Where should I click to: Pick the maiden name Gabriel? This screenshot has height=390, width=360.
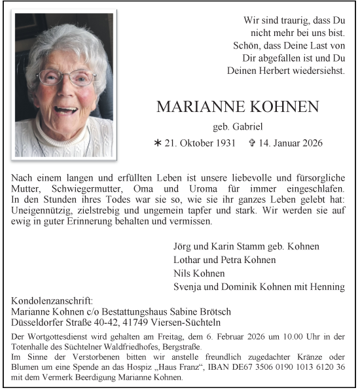[238, 126]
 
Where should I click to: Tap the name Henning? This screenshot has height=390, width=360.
[327, 287]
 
